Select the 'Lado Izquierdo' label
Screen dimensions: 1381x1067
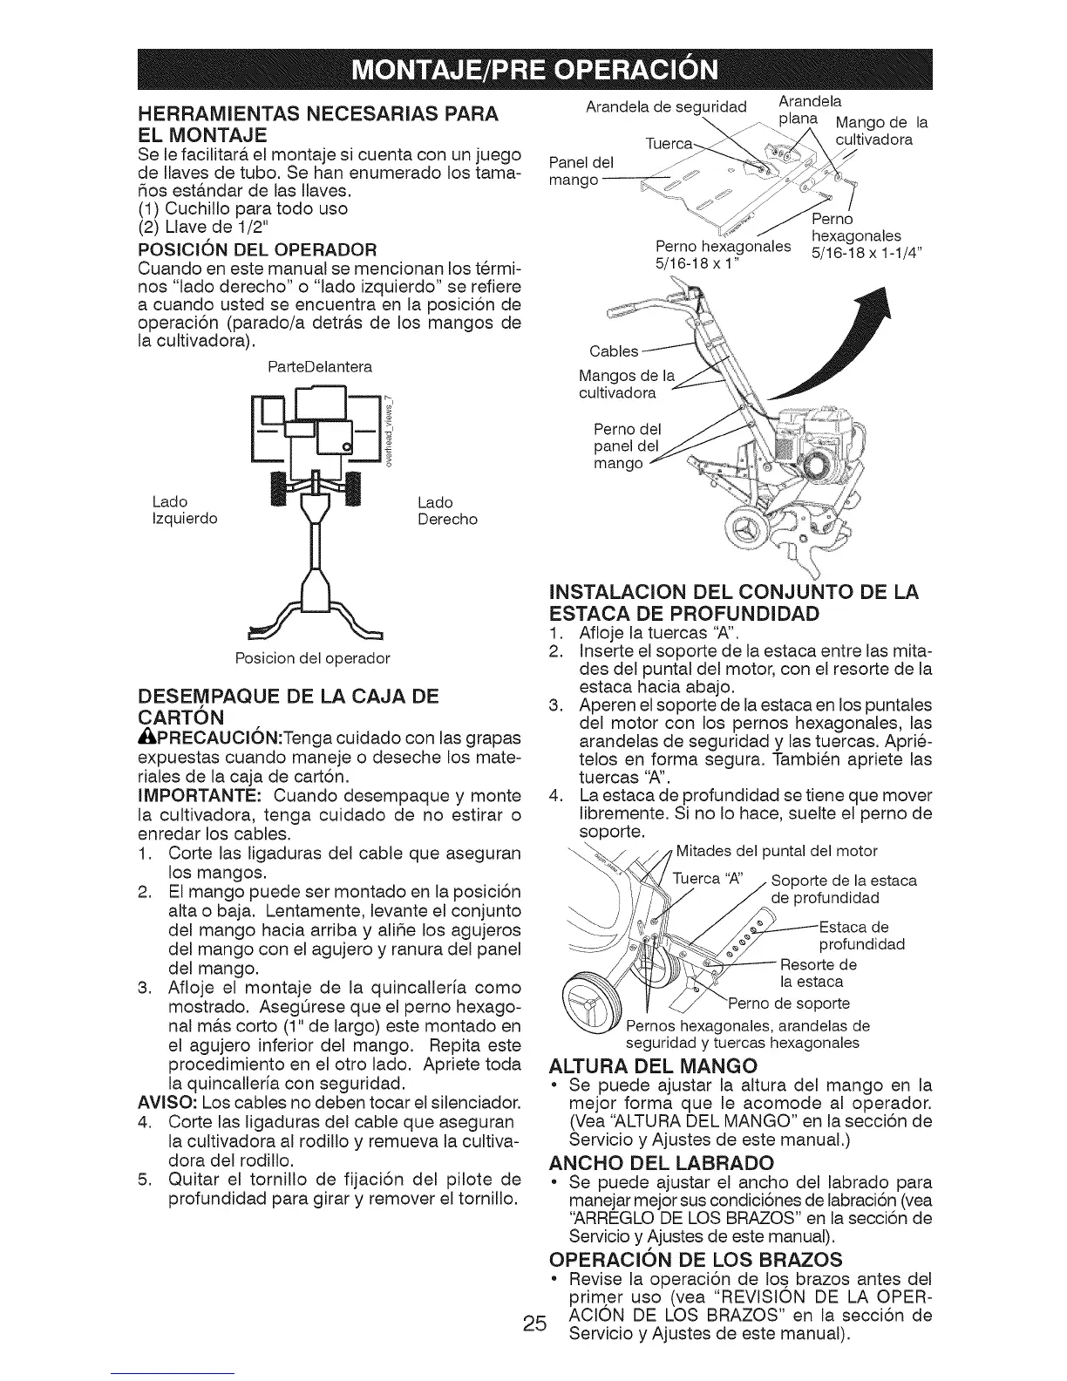185,511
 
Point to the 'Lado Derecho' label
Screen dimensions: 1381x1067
447,511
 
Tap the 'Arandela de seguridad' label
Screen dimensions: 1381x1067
667,107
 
